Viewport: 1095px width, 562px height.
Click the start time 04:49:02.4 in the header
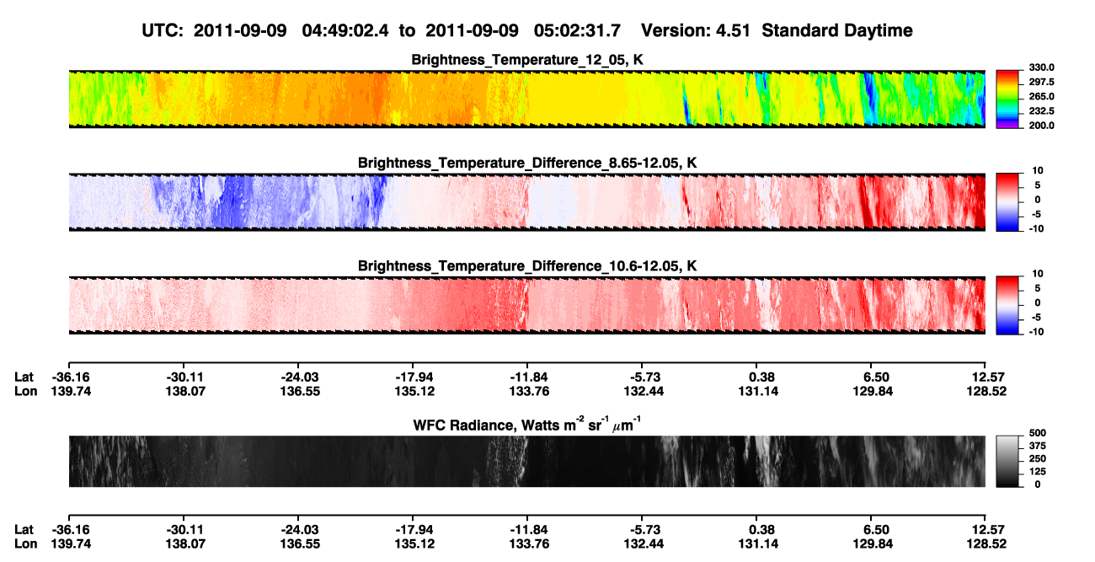coord(345,30)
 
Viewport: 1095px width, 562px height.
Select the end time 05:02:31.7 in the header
coord(577,30)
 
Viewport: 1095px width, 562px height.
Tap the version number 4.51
coord(732,30)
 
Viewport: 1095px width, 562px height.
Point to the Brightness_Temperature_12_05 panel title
coord(527,60)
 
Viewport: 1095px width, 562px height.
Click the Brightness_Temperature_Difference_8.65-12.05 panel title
coord(527,163)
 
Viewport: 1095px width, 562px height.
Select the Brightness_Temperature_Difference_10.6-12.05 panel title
coord(527,266)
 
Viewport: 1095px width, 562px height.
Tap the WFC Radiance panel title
coord(527,425)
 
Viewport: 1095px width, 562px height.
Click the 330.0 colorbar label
coord(1041,67)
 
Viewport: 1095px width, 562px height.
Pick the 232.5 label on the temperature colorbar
coord(1041,111)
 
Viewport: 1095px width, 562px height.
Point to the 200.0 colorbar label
coord(1041,126)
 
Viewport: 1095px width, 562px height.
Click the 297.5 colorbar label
coord(1041,83)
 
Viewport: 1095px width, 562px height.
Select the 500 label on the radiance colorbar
coord(1038,433)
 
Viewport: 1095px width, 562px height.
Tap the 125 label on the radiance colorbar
coord(1038,472)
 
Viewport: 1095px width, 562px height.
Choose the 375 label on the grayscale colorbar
coord(1038,446)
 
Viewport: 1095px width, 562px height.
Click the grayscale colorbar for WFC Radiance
coord(1007,461)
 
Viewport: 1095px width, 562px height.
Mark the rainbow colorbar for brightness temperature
coord(1007,99)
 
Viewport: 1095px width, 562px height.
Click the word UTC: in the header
coord(163,30)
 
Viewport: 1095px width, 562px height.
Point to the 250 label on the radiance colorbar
coord(1038,459)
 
